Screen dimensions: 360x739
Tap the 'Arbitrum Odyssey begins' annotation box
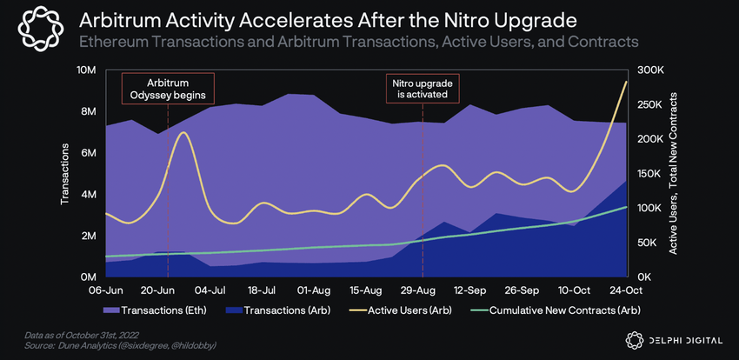[x=168, y=88]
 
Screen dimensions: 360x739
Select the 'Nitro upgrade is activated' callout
[x=422, y=88]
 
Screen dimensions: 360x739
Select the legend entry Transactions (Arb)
[x=283, y=310]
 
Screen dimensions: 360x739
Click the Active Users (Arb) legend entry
[x=403, y=310]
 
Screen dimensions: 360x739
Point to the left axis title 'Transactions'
[x=65, y=174]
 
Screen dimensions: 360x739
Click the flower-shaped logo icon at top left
[x=37, y=30]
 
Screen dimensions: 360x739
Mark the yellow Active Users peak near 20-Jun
[x=181, y=132]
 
